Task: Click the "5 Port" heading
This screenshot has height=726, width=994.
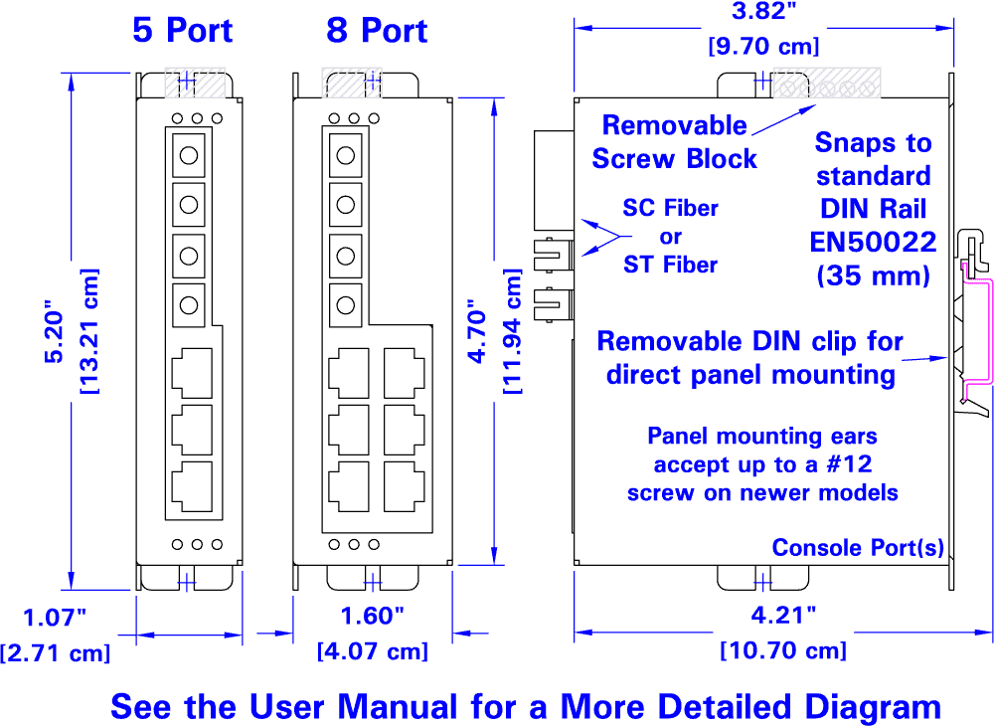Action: (183, 30)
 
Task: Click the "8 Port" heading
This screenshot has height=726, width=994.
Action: (377, 30)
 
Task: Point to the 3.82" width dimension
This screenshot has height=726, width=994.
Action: (762, 12)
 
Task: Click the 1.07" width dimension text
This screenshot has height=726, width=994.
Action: (56, 618)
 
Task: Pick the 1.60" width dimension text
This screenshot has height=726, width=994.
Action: (373, 616)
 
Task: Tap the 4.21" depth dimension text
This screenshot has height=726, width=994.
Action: (783, 615)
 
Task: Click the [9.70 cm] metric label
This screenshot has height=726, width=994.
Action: (762, 46)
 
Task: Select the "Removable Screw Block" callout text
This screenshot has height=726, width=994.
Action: (675, 142)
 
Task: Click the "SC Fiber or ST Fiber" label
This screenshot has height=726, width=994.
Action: (670, 237)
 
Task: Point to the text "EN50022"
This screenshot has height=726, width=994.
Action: (874, 242)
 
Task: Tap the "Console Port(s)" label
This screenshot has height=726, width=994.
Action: (858, 548)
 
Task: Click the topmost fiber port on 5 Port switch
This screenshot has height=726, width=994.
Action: (189, 153)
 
